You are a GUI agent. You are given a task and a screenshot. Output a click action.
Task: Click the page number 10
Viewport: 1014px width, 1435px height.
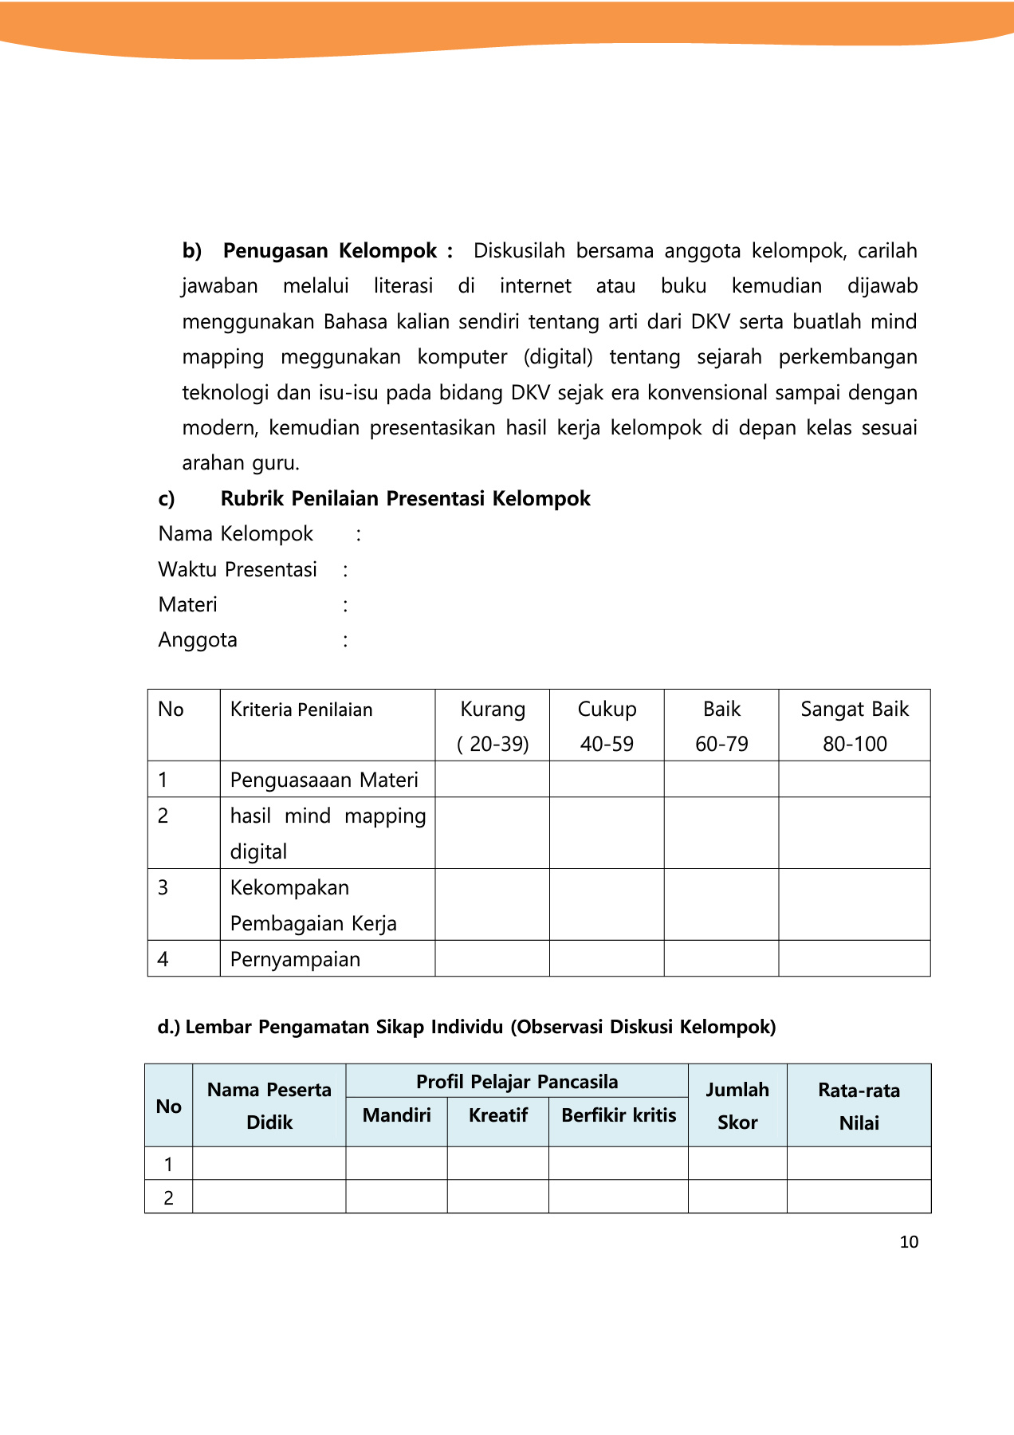click(x=908, y=1241)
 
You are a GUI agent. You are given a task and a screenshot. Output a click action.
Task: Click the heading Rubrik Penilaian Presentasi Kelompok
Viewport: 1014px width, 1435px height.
click(x=405, y=499)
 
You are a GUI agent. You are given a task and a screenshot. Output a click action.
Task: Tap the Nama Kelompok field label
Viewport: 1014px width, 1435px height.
click(x=235, y=534)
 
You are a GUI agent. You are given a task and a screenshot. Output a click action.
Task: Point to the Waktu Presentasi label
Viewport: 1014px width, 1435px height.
click(x=238, y=569)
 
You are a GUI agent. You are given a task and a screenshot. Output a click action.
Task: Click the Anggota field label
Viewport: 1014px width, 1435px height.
click(x=198, y=640)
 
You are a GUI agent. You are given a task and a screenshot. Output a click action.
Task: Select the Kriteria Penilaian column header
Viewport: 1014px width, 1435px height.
click(x=301, y=710)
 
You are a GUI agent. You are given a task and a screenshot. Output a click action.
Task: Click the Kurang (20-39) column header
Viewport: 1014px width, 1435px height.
click(x=493, y=725)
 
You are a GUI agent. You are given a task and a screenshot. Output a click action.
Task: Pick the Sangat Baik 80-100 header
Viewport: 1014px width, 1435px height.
click(x=855, y=725)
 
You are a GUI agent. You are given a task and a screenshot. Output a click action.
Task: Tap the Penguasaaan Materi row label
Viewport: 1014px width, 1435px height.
click(x=324, y=780)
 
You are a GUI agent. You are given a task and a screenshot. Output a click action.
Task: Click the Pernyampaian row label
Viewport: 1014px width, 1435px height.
click(x=295, y=959)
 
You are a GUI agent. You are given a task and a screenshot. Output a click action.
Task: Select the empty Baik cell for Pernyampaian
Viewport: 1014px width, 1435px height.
click(x=721, y=958)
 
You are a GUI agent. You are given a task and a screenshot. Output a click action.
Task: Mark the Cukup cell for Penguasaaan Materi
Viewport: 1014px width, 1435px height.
click(x=607, y=779)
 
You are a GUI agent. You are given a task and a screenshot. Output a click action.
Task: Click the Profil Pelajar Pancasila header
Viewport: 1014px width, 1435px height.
click(x=517, y=1082)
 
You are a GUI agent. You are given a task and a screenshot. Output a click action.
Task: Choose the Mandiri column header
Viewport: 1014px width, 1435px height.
click(x=396, y=1115)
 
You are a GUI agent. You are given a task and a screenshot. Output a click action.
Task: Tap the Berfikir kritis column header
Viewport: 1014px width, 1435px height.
click(x=619, y=1115)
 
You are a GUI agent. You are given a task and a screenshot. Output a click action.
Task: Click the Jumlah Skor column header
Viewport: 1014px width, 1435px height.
click(x=737, y=1106)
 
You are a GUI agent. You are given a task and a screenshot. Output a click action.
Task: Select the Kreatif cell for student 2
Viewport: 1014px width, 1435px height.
click(x=497, y=1197)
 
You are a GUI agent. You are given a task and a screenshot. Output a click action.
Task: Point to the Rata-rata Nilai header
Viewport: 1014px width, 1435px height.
click(x=859, y=1107)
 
